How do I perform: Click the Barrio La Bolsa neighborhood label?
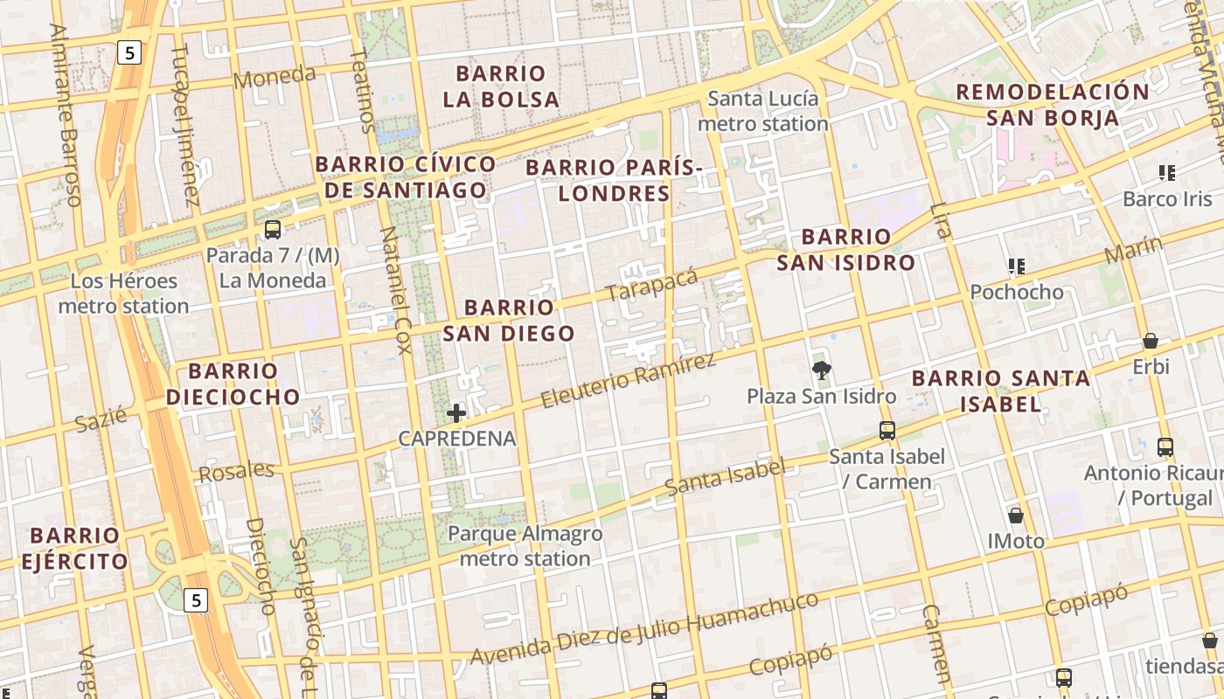click(501, 86)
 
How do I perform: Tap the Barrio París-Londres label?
click(614, 179)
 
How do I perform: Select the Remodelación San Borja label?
click(1052, 104)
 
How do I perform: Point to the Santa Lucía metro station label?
click(762, 111)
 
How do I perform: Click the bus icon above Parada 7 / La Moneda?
click(273, 230)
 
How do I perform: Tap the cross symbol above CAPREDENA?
click(456, 412)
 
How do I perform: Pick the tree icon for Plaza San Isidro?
click(821, 370)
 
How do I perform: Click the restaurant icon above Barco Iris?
click(1167, 173)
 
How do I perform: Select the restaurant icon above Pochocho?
click(1016, 266)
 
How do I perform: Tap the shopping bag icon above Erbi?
click(1151, 341)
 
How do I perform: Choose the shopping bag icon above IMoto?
click(1016, 516)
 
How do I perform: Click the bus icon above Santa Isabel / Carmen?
click(887, 430)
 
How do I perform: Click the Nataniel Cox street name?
click(393, 290)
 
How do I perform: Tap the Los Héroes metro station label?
click(123, 294)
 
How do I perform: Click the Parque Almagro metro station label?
click(525, 545)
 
